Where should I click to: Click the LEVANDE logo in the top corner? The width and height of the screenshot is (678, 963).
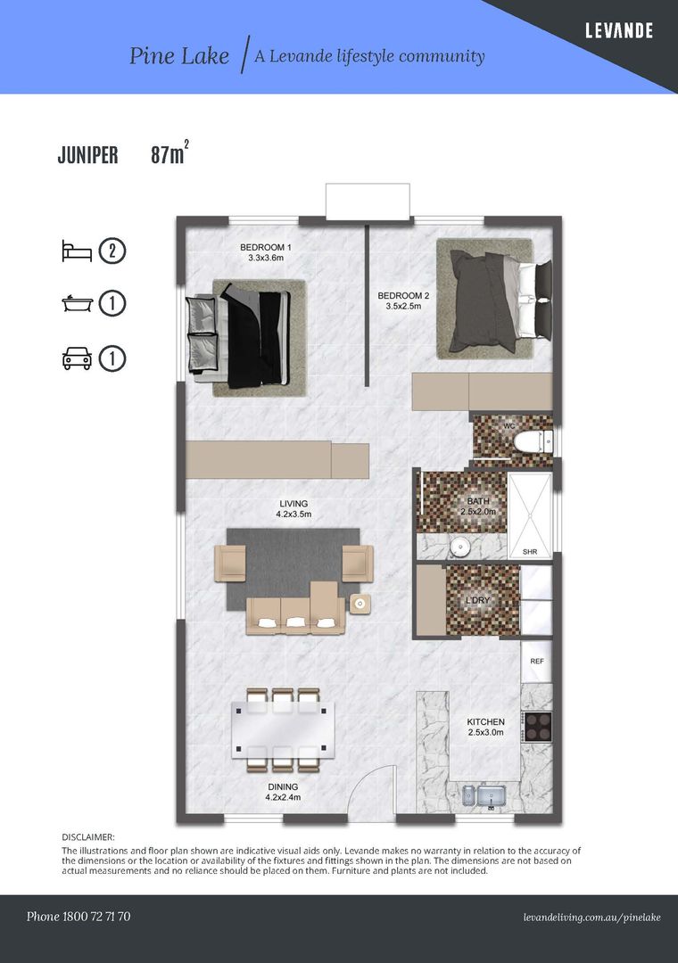pos(618,30)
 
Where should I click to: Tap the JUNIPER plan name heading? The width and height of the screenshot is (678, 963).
pos(88,155)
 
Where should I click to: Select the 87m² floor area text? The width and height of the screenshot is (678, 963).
pos(169,153)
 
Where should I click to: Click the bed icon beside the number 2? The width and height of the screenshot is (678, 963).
pos(77,251)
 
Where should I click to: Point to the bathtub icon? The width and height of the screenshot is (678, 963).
pos(78,303)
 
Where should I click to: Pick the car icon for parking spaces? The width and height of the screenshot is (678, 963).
pos(78,358)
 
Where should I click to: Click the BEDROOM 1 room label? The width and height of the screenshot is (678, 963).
pos(266,252)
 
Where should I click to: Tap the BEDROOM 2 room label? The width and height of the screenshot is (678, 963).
pos(403,300)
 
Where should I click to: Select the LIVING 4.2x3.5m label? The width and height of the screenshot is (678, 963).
pos(294,508)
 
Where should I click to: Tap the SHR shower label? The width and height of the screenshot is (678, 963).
pos(530,552)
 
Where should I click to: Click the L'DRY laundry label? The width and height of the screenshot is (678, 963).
pos(477,600)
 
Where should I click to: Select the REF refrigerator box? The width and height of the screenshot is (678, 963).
pos(537,662)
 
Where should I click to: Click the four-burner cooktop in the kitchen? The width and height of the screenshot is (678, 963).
pos(537,727)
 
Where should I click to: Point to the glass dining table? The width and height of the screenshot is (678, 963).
pos(284,730)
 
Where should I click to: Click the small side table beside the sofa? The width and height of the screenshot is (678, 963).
pos(360,604)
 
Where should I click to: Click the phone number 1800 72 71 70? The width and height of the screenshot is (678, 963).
pos(96,917)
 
